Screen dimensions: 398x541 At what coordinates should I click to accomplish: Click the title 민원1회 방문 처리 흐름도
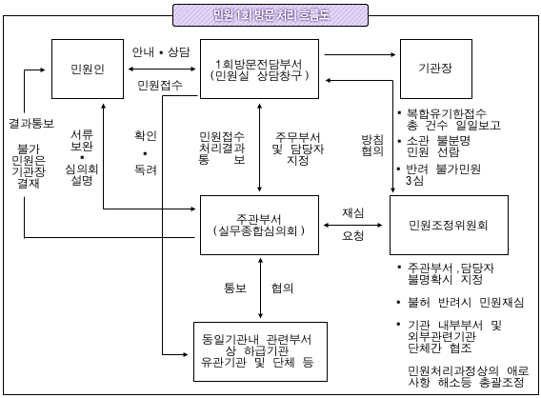click(x=270, y=15)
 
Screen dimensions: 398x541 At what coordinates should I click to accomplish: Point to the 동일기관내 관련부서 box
click(x=260, y=349)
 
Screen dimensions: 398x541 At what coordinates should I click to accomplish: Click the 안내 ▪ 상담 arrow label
click(x=162, y=51)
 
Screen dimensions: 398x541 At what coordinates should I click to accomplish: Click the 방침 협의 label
click(x=370, y=145)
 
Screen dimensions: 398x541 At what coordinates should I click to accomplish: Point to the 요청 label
click(x=355, y=239)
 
